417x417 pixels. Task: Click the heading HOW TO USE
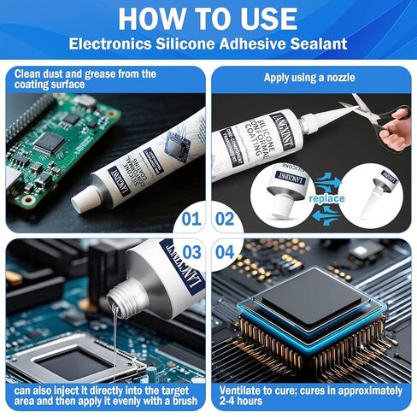pos(208,18)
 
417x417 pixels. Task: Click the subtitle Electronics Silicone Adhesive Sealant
pos(208,43)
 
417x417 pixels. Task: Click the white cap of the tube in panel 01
pos(85,202)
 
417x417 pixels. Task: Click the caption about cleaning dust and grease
pos(85,79)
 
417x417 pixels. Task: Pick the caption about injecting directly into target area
pos(104,396)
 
